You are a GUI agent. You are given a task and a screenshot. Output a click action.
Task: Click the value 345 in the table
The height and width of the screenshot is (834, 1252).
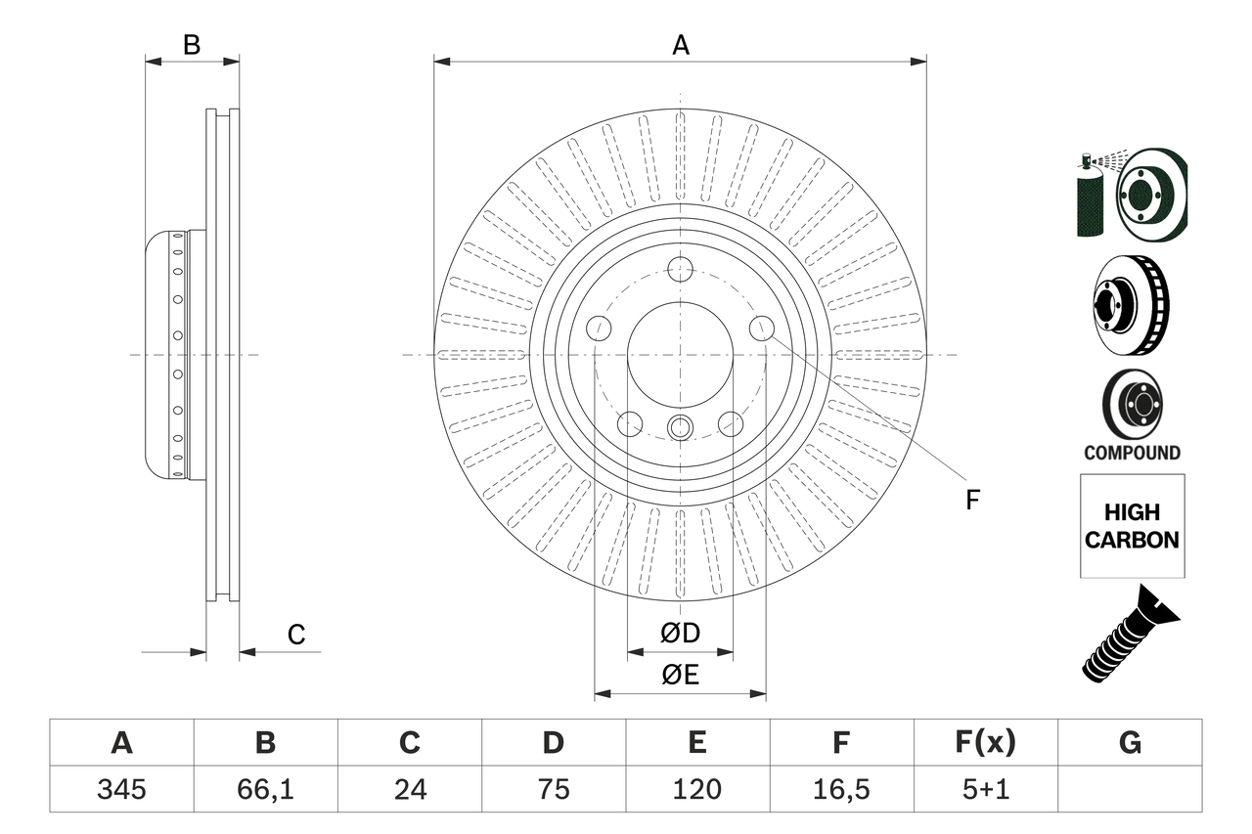point(121,789)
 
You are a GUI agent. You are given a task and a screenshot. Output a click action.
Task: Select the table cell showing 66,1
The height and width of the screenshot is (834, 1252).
point(265,789)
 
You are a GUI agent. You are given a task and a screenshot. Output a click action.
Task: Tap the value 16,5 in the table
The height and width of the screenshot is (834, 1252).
point(840,789)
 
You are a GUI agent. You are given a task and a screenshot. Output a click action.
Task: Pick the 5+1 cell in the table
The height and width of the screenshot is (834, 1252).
point(985,789)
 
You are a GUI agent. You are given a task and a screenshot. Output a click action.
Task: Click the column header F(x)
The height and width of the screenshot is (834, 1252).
point(985,743)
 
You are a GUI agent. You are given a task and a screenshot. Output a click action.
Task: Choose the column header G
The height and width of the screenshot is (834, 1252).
point(1130,743)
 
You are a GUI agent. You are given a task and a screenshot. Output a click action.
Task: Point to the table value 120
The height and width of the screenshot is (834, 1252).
point(697,789)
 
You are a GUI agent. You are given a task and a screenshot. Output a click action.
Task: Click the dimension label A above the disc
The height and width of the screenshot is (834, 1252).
point(680,45)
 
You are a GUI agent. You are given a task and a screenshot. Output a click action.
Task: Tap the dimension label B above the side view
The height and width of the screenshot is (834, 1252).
point(192,45)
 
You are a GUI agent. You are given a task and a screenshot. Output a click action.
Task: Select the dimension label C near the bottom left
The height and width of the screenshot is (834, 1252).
point(296,636)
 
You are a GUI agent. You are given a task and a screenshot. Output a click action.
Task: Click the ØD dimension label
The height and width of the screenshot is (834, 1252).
point(680,634)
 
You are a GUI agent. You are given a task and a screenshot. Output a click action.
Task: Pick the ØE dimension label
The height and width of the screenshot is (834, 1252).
point(680,676)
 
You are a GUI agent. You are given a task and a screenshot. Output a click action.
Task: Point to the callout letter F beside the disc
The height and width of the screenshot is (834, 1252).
point(972,501)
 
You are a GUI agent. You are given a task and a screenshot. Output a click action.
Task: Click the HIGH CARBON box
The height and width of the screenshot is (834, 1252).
point(1132,526)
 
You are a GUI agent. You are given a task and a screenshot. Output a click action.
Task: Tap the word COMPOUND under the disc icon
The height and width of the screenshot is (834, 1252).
point(1132,453)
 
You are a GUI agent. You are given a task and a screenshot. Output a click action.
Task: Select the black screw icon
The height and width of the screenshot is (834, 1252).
point(1130,634)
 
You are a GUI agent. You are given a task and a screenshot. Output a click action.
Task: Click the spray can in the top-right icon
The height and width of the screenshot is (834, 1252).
point(1089,200)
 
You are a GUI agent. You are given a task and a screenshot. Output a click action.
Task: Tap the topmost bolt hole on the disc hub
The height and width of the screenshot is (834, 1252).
point(680,269)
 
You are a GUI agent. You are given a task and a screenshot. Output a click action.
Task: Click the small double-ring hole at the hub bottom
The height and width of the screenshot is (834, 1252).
point(680,427)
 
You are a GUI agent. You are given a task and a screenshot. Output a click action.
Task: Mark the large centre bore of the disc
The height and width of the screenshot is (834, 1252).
point(680,354)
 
